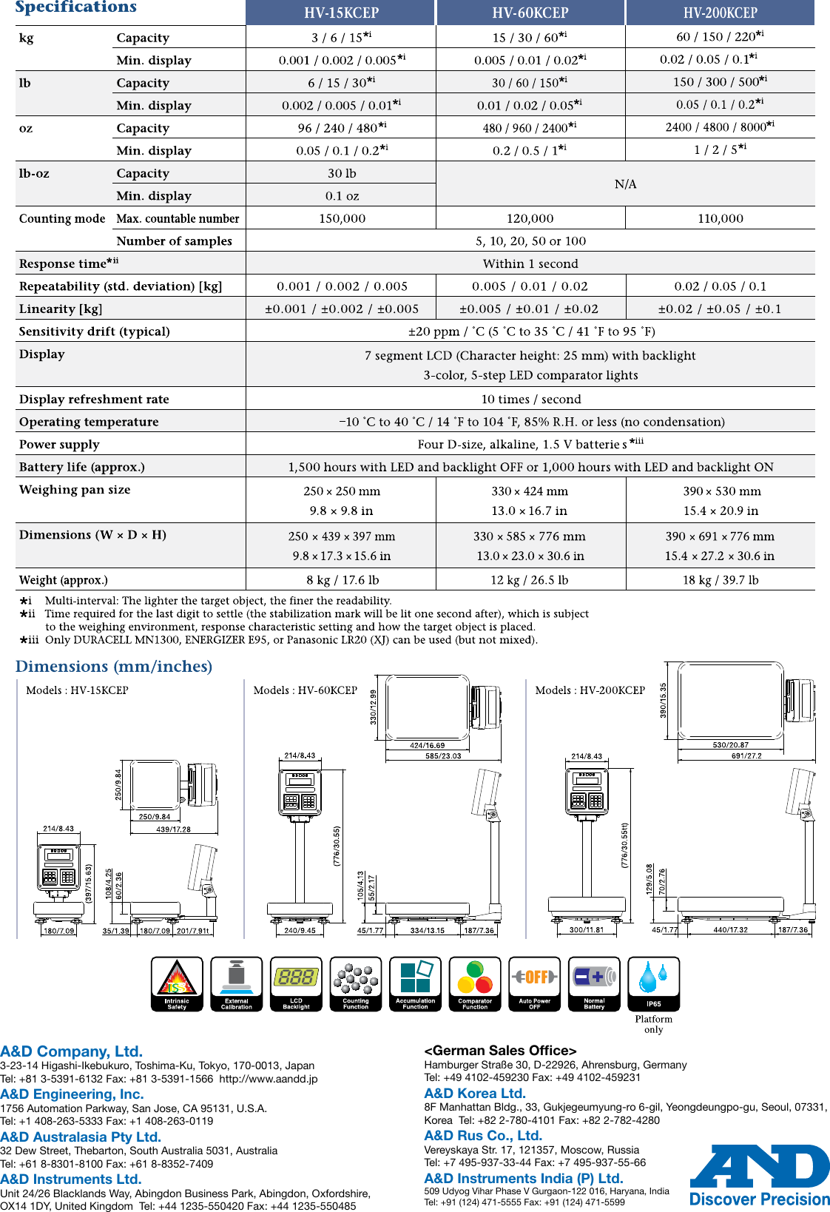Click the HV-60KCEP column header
[x=530, y=13]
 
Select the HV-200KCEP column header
[x=720, y=13]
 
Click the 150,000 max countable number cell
[x=342, y=218]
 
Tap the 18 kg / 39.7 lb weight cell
[x=720, y=580]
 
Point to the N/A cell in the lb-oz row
[x=625, y=184]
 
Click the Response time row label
[x=69, y=263]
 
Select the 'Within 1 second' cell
[x=530, y=263]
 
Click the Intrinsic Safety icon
[x=177, y=983]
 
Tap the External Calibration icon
[x=237, y=983]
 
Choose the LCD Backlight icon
[x=296, y=983]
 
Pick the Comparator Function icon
[x=475, y=983]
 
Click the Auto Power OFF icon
[x=534, y=983]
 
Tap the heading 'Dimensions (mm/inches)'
[x=114, y=667]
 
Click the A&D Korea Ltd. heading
[x=475, y=1094]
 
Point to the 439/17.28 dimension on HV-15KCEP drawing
[x=173, y=829]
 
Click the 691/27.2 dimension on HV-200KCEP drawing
[x=746, y=755]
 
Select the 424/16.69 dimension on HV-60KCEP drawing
[x=427, y=746]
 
